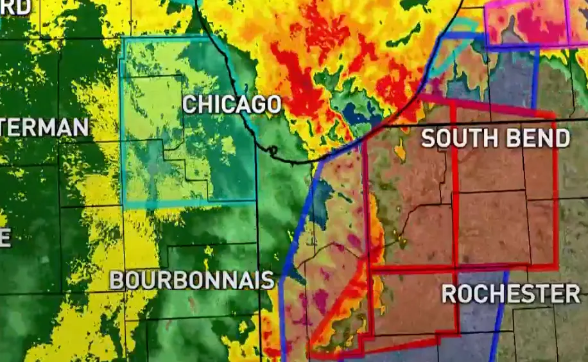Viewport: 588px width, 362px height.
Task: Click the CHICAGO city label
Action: pyautogui.click(x=232, y=105)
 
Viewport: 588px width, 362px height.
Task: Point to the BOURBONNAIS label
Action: pyautogui.click(x=192, y=280)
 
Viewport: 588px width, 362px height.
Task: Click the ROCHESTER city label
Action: pyautogui.click(x=511, y=293)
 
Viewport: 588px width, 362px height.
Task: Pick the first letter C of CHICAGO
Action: pyautogui.click(x=189, y=105)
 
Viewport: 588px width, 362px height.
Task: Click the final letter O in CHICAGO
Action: pyautogui.click(x=273, y=105)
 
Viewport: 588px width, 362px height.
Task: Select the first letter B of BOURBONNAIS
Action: pyautogui.click(x=116, y=280)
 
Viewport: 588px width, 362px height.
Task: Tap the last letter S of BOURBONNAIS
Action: pyautogui.click(x=268, y=280)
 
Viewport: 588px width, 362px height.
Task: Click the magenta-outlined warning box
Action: pyautogui.click(x=526, y=23)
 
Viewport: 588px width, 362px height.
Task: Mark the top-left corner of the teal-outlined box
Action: pyautogui.click(x=123, y=39)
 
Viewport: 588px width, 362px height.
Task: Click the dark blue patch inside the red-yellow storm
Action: pyautogui.click(x=353, y=114)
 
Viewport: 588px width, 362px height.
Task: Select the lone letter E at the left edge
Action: pyautogui.click(x=4, y=237)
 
